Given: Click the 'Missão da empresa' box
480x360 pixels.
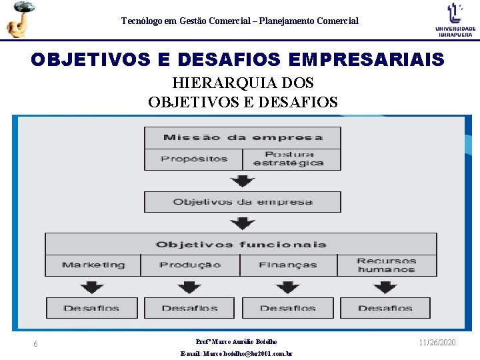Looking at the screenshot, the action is [243, 138].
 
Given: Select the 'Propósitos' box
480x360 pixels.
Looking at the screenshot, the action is [194, 159].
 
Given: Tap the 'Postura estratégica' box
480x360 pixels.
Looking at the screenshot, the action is [292, 159].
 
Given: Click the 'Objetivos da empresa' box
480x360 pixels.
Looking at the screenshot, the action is [243, 202].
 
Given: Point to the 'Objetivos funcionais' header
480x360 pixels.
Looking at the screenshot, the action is [241, 244].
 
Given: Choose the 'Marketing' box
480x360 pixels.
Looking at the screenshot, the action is [93, 265].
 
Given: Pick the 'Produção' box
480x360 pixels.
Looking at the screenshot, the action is [190, 265].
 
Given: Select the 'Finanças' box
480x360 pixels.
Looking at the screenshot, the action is [288, 265].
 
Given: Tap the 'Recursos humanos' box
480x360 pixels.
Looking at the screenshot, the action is [387, 265].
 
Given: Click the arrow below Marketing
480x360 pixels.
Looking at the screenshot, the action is [92, 287].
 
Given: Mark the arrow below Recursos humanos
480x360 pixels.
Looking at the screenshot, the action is [385, 287].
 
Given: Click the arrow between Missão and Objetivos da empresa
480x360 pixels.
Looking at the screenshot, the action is [243, 181].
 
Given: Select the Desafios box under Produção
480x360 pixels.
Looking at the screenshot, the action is [189, 308].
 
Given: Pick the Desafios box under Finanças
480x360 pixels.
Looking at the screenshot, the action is [288, 308].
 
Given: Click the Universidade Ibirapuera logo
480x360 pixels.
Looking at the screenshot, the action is [455, 19].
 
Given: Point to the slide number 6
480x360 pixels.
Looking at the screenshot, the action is [35, 344].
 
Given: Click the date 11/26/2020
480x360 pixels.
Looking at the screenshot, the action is [437, 342].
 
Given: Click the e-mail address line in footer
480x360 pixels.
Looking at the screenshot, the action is [237, 354].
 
